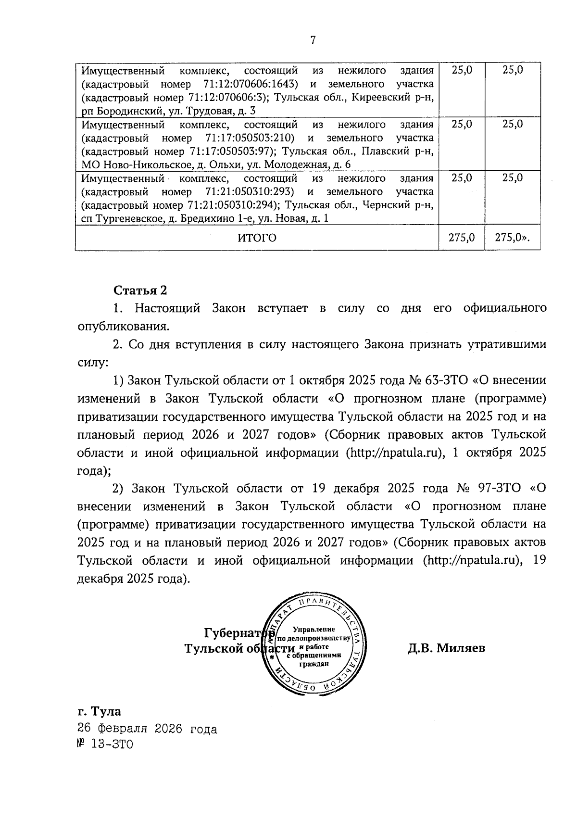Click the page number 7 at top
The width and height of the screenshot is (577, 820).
(313, 40)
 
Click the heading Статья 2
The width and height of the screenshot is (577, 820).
(140, 290)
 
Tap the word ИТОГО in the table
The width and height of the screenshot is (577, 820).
(257, 238)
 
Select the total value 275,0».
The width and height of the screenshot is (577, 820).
(513, 238)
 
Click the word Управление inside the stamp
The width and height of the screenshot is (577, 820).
(314, 629)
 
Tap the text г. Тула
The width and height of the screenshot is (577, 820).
(99, 711)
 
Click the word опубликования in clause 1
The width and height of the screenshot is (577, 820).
(123, 327)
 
